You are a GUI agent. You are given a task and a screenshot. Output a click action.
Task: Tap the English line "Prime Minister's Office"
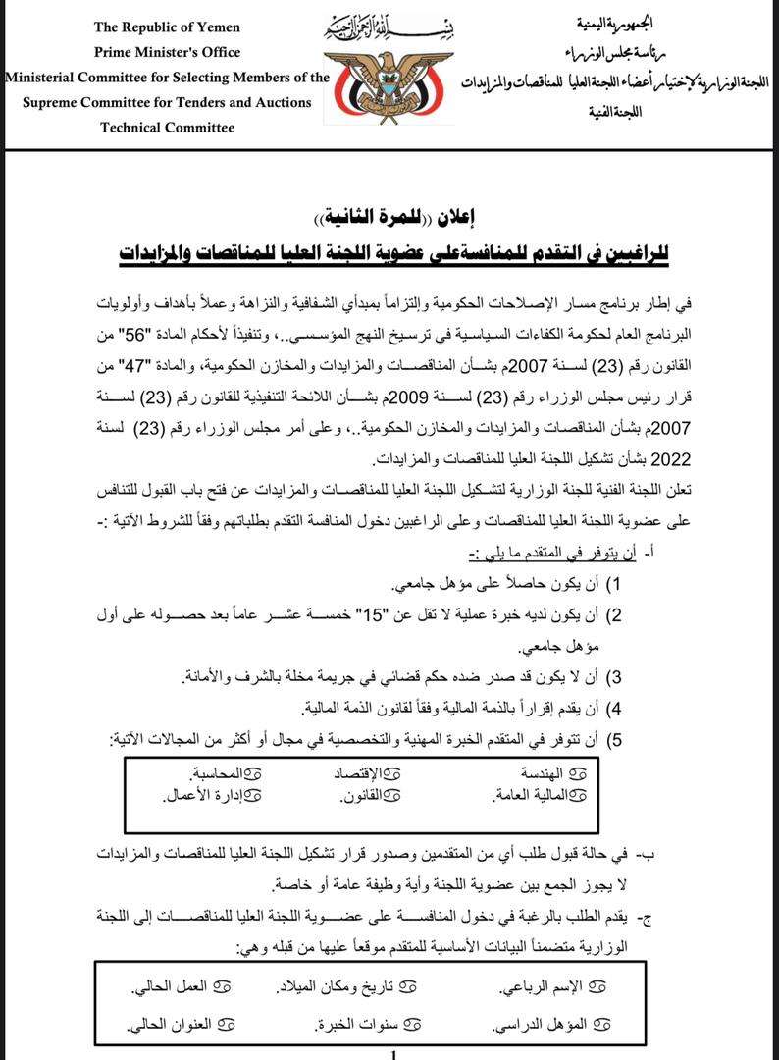168,52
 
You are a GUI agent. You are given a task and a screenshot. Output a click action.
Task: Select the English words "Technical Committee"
168,128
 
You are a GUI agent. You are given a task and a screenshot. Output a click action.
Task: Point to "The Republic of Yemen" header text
168,26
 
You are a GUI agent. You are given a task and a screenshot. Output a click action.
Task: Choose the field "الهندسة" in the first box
553,773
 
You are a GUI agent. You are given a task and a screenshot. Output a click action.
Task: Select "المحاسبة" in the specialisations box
216,773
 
